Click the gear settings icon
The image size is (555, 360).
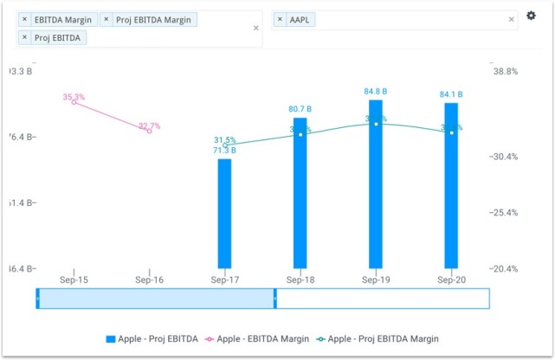coord(532,16)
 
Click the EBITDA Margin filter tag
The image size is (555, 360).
coord(57,19)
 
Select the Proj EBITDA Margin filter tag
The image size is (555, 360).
coord(149,19)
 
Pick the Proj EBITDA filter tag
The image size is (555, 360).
coord(52,37)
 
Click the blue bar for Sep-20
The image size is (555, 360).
coord(451,185)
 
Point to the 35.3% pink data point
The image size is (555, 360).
coord(74,102)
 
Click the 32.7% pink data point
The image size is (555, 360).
coord(150,131)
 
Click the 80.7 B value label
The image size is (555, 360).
coord(300,109)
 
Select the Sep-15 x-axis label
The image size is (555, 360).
coord(74,280)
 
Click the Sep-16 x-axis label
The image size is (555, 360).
coord(150,280)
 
